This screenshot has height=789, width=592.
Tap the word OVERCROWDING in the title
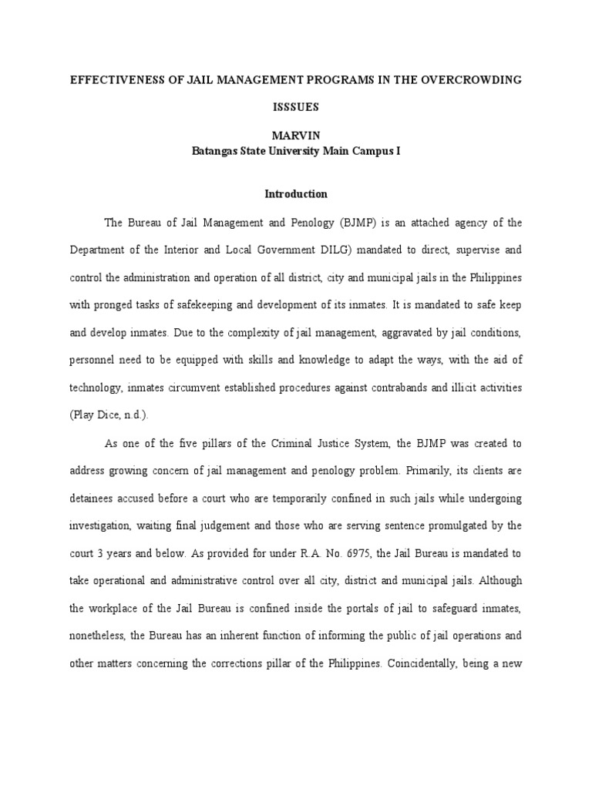(475, 80)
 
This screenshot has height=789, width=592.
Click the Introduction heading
(297, 194)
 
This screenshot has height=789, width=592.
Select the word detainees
(95, 499)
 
